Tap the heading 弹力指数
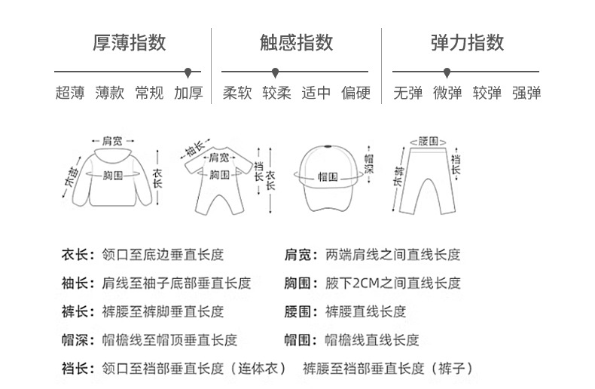[x=467, y=42]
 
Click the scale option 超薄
[x=70, y=93]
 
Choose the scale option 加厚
[x=188, y=93]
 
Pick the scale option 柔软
[x=237, y=93]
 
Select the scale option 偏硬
[x=356, y=93]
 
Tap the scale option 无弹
[x=408, y=93]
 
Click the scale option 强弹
[x=526, y=93]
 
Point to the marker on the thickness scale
[x=188, y=72]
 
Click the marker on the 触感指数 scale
[x=276, y=72]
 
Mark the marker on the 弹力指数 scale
[x=447, y=72]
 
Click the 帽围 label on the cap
[x=327, y=175]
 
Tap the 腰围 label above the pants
[x=428, y=141]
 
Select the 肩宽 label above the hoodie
[x=112, y=140]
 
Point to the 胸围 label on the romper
[x=219, y=175]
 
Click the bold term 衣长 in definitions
[x=77, y=256]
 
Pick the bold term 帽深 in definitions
[x=77, y=340]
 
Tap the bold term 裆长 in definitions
[x=77, y=369]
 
